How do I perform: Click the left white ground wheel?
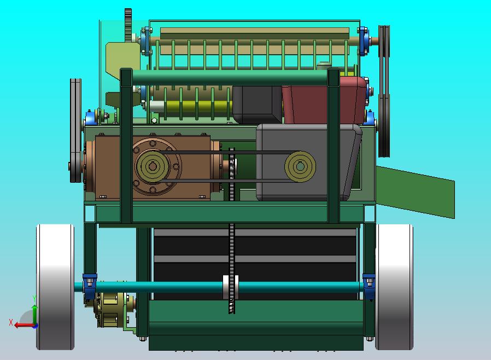coord(55,287)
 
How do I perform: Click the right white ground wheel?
coord(394,287)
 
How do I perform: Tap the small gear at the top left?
coord(128,25)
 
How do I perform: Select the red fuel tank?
coord(324,100)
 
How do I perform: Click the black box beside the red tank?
coord(258,104)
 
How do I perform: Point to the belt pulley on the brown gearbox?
coord(153,166)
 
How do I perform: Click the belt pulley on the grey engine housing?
coord(300,167)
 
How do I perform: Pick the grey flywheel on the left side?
coord(75,130)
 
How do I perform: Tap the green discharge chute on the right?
coord(415,191)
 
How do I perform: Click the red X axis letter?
coord(11,322)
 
